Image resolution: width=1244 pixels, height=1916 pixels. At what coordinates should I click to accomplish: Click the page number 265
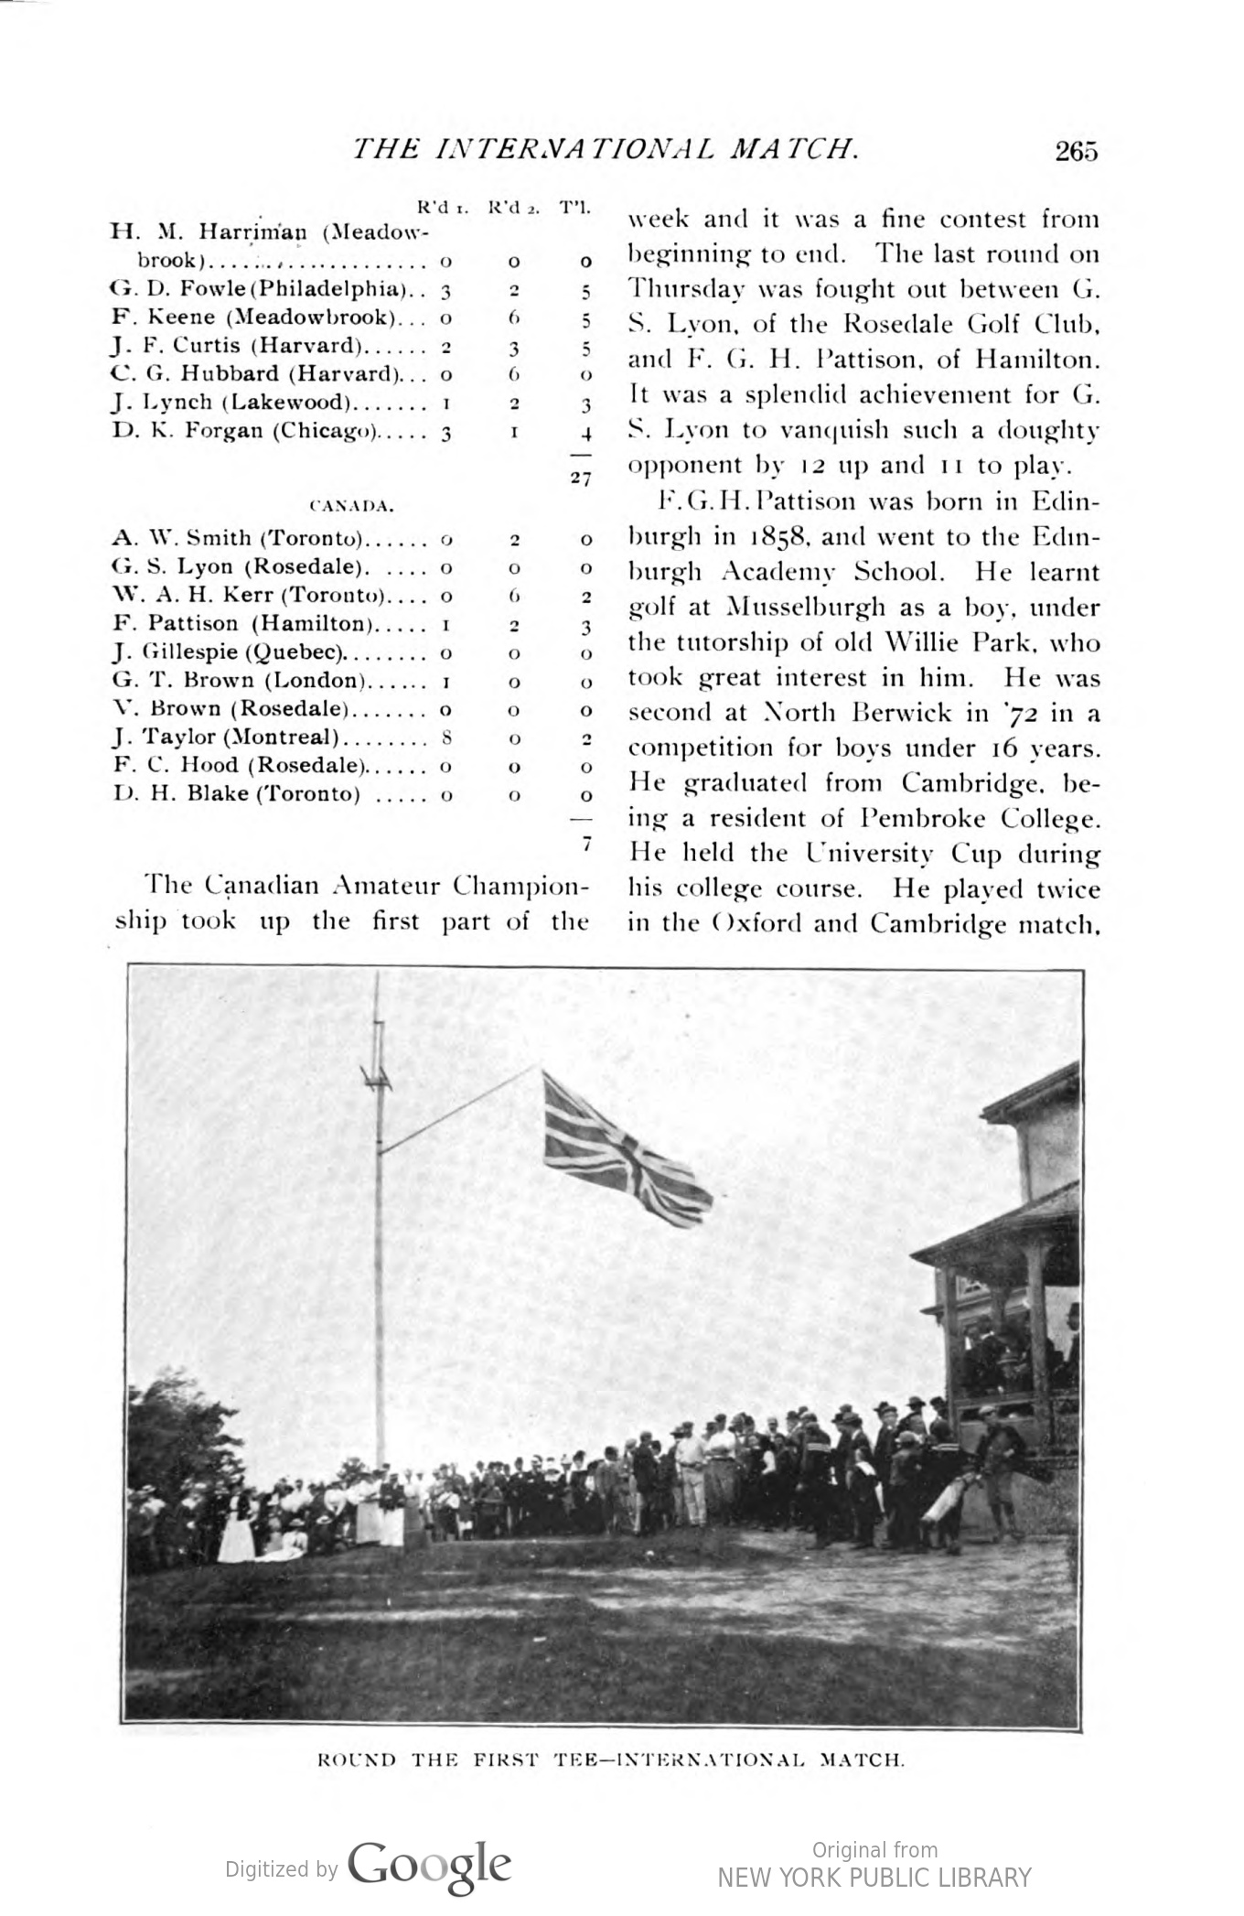click(x=1075, y=151)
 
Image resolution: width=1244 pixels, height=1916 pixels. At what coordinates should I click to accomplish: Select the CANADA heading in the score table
click(x=351, y=505)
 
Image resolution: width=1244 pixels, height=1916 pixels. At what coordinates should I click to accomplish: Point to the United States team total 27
click(x=580, y=479)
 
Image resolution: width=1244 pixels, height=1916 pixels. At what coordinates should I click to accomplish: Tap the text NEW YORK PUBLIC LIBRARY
click(x=874, y=1878)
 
